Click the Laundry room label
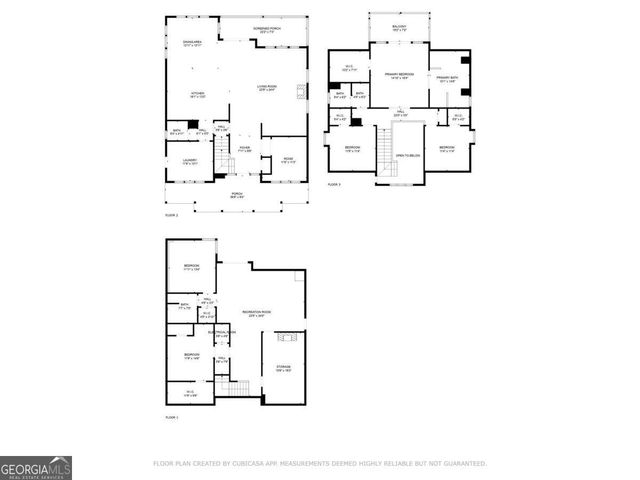click(190, 161)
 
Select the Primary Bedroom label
click(400, 76)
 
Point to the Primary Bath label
click(447, 78)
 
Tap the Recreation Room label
click(256, 314)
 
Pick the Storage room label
click(283, 369)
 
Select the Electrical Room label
click(223, 333)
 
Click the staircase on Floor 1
click(236, 387)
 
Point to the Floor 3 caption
click(335, 184)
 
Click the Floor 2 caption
click(172, 215)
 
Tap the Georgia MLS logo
click(36, 467)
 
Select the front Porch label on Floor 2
click(238, 195)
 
